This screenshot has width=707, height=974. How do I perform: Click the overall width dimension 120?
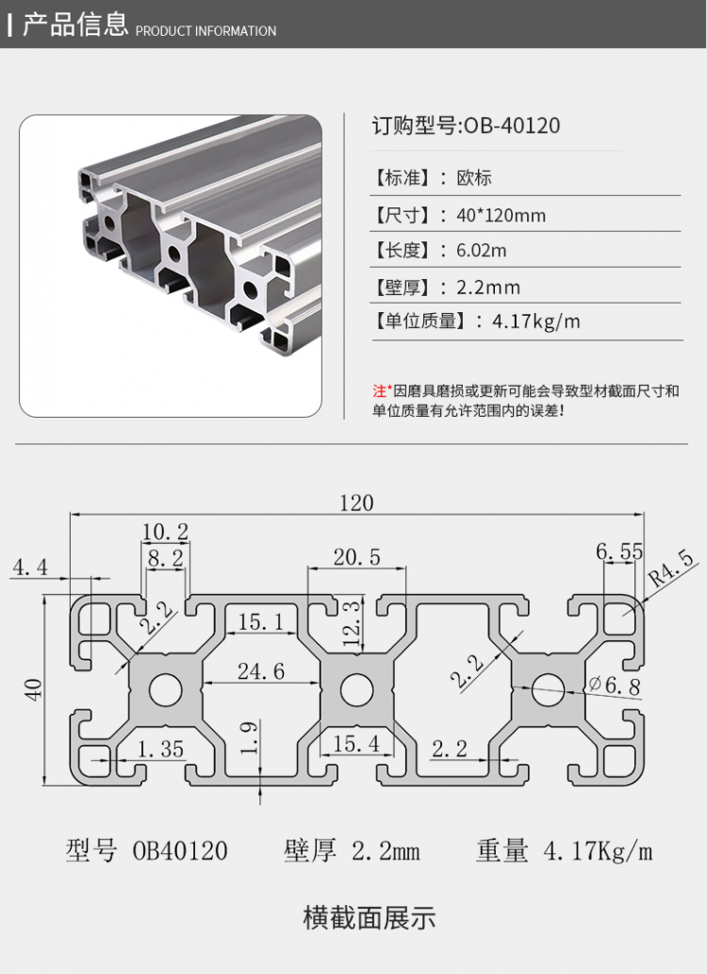tap(356, 503)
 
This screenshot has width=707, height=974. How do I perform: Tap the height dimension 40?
tap(35, 689)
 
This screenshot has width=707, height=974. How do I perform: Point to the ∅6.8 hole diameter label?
tap(615, 685)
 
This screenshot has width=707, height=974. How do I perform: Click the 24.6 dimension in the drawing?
tap(260, 671)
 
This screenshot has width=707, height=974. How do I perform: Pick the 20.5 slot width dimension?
tap(356, 557)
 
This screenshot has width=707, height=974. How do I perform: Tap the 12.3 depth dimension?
tap(351, 619)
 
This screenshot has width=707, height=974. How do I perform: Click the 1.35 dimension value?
tap(160, 750)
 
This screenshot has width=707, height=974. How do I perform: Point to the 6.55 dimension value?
tap(619, 552)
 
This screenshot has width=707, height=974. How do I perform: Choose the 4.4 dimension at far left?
tap(28, 567)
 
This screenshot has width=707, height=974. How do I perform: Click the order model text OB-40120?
tap(510, 125)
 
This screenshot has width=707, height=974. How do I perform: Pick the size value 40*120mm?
tap(501, 215)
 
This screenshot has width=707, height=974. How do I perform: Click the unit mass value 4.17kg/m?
tap(536, 322)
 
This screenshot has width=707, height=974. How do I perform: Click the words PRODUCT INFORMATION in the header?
tap(206, 31)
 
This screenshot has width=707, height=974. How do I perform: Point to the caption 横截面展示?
tap(370, 916)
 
